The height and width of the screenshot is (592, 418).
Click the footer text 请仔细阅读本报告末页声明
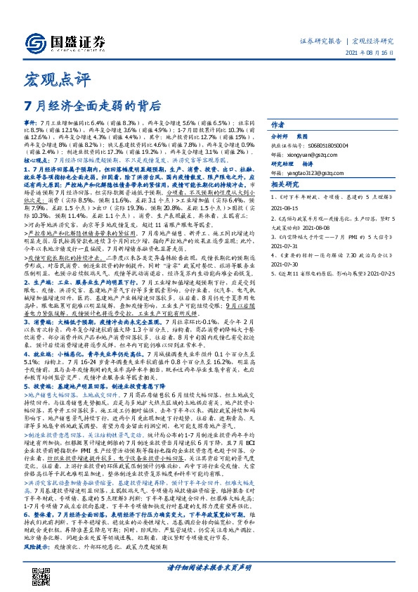tap(209, 567)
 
